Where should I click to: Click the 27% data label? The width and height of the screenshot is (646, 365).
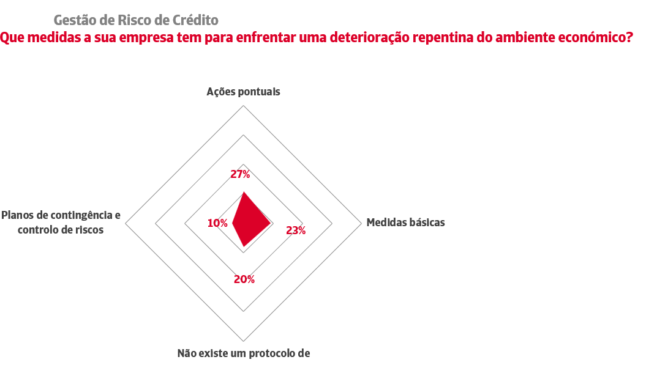pyautogui.click(x=240, y=174)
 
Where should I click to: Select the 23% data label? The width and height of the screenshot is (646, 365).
pyautogui.click(x=296, y=230)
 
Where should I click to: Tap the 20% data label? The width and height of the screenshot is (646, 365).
pyautogui.click(x=244, y=279)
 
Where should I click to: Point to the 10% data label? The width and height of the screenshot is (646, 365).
pyautogui.click(x=217, y=223)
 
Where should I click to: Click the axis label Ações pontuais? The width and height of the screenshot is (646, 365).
pyautogui.click(x=243, y=92)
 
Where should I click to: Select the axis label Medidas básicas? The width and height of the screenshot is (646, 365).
pyautogui.click(x=405, y=222)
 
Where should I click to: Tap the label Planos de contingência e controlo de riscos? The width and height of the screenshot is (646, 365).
pyautogui.click(x=61, y=223)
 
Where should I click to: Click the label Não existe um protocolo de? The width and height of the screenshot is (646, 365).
pyautogui.click(x=244, y=353)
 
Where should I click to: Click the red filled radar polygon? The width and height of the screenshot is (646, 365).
pyautogui.click(x=248, y=220)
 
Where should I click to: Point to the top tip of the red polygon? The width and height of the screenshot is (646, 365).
pyautogui.click(x=244, y=192)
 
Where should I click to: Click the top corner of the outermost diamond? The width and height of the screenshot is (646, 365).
pyautogui.click(x=244, y=106)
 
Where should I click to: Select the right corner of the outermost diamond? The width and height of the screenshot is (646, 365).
pyautogui.click(x=361, y=224)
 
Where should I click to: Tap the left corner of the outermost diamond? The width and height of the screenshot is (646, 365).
pyautogui.click(x=126, y=224)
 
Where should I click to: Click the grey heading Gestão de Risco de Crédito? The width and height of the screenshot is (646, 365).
pyautogui.click(x=136, y=20)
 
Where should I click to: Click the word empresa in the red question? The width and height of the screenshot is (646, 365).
pyautogui.click(x=162, y=38)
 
